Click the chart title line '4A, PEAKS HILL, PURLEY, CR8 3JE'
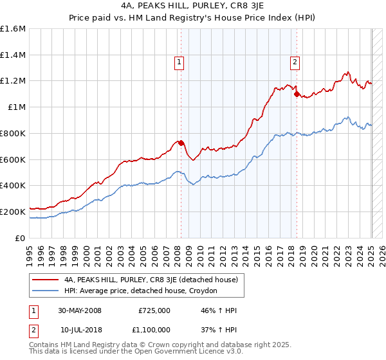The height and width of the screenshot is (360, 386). coord(192,6)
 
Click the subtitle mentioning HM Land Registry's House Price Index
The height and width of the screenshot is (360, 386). coord(192,17)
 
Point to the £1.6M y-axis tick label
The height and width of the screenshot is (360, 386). coord(13,29)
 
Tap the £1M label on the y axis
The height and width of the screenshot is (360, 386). coord(17,107)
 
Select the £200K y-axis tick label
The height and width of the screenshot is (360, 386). coord(13,212)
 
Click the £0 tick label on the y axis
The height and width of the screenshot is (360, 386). coord(21,238)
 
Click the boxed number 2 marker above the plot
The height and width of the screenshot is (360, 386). coord(294,62)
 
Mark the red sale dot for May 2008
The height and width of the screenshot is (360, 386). coord(181,143)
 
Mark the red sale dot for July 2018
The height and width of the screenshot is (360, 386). coord(297,94)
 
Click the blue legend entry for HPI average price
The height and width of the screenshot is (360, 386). coord(141,291)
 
